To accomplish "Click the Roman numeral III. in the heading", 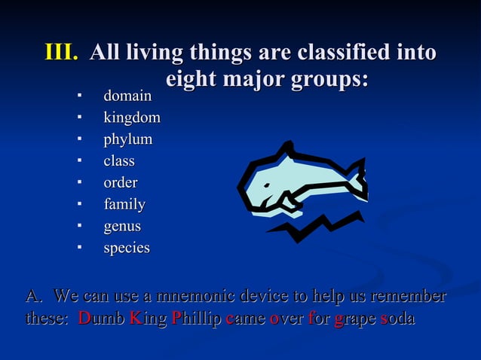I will [62, 53].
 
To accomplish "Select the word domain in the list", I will [127, 96].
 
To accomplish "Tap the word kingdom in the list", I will [131, 118].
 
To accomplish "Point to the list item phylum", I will [127, 140].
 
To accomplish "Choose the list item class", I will [119, 161].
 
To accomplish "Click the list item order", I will [121, 183].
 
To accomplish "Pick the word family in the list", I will [124, 204].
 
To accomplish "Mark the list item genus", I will [122, 226].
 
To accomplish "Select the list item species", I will [127, 248].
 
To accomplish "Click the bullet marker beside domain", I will [78, 96].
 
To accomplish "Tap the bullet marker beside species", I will [78, 248].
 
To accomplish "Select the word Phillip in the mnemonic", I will [197, 319].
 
